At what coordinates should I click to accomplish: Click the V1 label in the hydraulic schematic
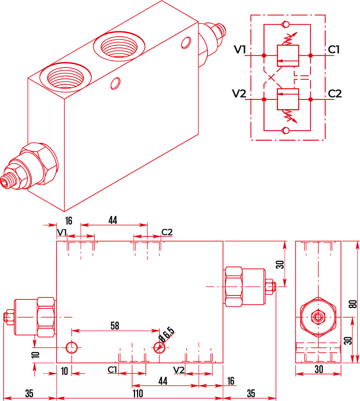(x=240, y=49)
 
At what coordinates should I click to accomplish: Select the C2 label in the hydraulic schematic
(x=335, y=93)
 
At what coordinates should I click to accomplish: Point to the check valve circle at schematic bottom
(x=286, y=131)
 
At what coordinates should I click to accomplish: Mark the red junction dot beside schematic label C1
(x=310, y=55)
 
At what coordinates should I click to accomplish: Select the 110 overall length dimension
(x=138, y=393)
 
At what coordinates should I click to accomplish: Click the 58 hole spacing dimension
(x=115, y=326)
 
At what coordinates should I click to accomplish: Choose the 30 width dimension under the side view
(x=319, y=369)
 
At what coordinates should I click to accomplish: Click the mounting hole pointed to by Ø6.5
(x=159, y=347)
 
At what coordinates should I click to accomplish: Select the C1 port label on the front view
(x=112, y=370)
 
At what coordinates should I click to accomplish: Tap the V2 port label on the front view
(x=179, y=370)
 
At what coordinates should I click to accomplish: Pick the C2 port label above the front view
(x=167, y=232)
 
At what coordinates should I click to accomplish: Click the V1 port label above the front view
(x=62, y=233)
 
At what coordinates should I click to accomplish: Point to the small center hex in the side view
(x=318, y=317)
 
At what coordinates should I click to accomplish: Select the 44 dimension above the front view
(x=113, y=220)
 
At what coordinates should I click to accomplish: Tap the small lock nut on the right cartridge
(x=269, y=286)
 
